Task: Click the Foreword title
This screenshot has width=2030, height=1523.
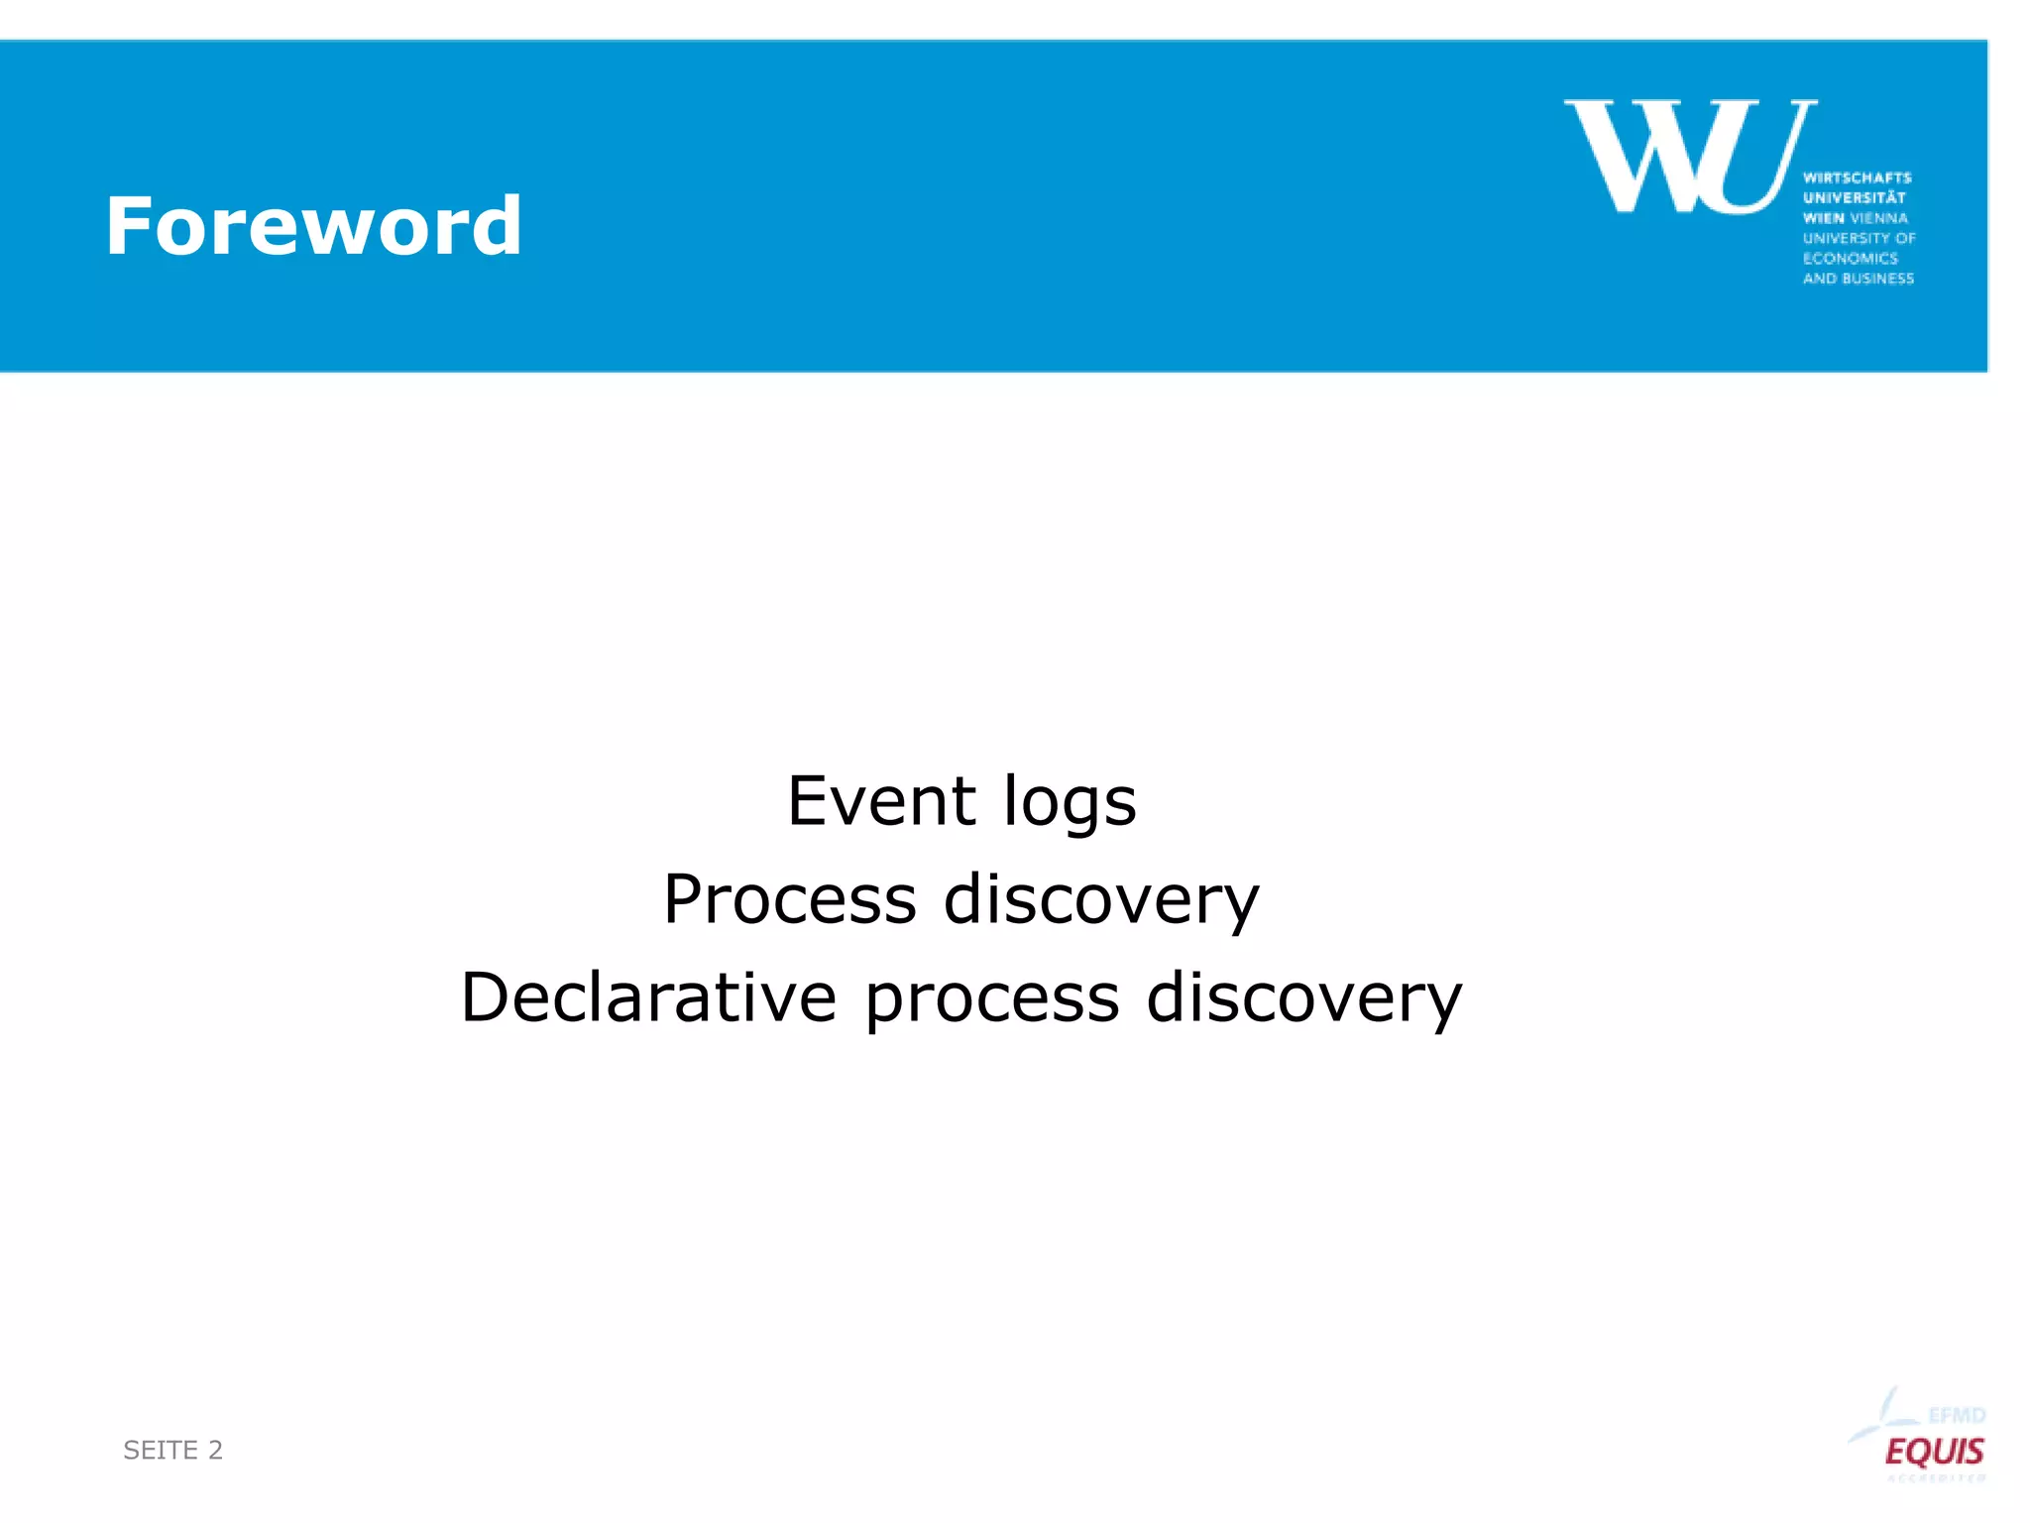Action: pos(312,226)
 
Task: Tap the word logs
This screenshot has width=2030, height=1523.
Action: pos(1069,803)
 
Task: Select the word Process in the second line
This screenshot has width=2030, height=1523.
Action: pos(790,899)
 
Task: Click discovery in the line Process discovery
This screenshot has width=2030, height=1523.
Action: pos(1100,899)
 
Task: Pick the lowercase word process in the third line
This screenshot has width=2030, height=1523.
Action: pos(991,999)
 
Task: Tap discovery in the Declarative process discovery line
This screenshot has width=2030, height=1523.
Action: pos(1303,997)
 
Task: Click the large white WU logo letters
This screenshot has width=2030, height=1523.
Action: pos(1689,156)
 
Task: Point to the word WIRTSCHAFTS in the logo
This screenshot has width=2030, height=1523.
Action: pos(1857,177)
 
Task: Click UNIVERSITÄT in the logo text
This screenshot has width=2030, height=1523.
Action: pos(1854,197)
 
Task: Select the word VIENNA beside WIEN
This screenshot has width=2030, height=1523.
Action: pos(1878,218)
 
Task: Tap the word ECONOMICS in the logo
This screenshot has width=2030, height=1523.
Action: pos(1850,258)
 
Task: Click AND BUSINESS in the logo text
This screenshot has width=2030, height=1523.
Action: pos(1858,279)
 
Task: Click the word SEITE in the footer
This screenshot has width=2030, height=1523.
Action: pos(161,1450)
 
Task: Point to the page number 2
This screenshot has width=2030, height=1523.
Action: pos(215,1450)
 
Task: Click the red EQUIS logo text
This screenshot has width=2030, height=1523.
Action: pos(1934,1452)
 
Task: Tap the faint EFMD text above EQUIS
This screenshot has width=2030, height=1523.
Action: pos(1956,1415)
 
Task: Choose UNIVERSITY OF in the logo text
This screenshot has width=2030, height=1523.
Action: pos(1859,238)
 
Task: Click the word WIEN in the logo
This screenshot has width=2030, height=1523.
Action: pos(1823,218)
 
